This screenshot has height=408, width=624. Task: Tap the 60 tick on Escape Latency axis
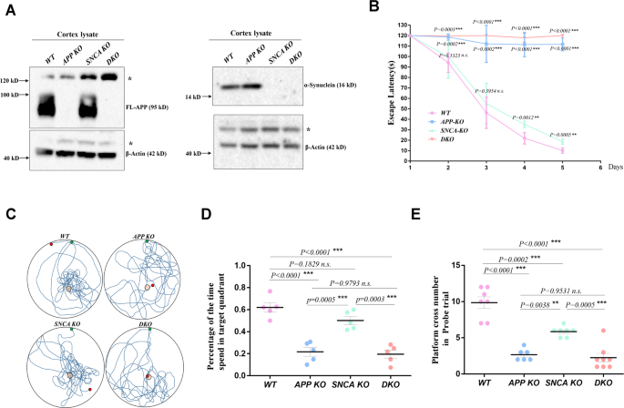[403, 97]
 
